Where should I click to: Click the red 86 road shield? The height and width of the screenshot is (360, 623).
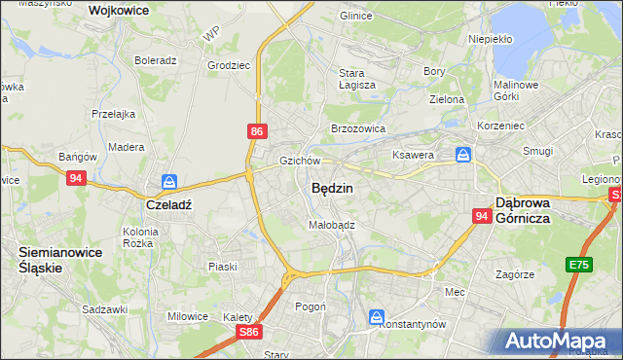[255, 129]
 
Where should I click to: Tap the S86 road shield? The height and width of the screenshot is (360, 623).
[249, 332]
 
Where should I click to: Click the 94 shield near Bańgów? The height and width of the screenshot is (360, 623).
[77, 178]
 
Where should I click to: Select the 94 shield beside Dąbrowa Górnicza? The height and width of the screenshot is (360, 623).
[482, 216]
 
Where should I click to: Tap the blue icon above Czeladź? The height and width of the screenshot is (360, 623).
[169, 182]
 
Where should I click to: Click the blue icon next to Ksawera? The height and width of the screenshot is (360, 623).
[464, 154]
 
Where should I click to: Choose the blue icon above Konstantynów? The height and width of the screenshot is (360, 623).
[377, 316]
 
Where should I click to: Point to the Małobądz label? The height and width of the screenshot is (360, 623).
[331, 224]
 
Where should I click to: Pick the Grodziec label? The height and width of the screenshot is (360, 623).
[228, 66]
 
